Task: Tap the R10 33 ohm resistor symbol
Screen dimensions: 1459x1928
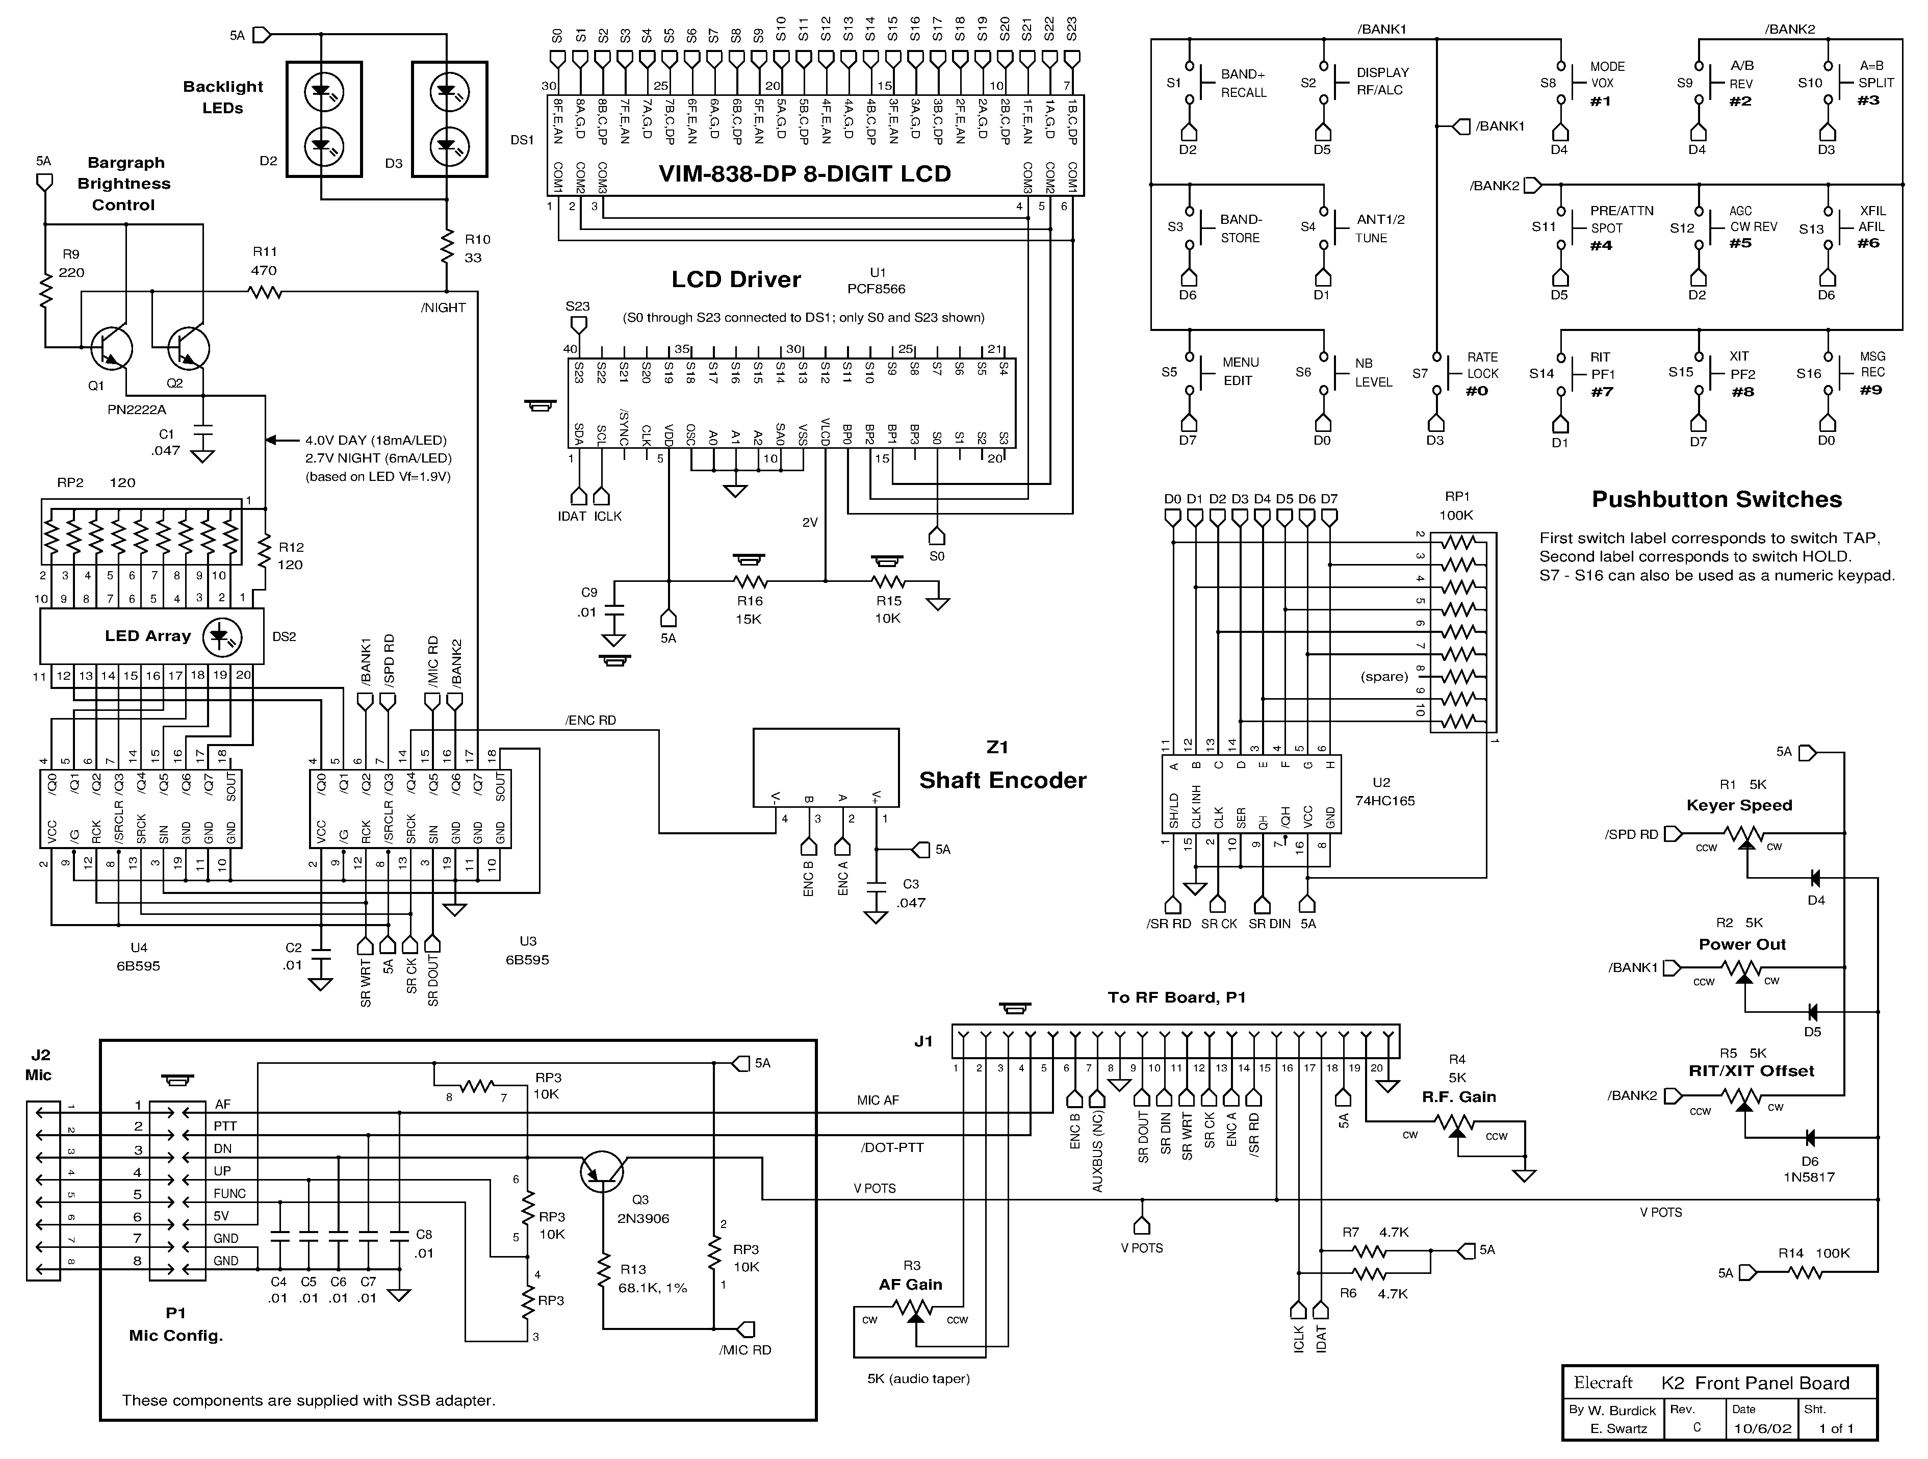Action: (447, 247)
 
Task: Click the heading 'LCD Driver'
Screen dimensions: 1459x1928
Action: (736, 280)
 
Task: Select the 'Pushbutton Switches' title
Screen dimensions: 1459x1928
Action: (1716, 499)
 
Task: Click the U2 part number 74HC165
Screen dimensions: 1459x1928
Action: (1384, 800)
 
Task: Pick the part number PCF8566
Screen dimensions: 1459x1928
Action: (876, 289)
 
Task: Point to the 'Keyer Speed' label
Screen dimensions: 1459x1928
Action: (1739, 805)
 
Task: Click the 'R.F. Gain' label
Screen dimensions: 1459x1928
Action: (1459, 1096)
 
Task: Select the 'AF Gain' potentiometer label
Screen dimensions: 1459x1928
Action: (910, 1284)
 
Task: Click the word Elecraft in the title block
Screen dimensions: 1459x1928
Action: (1603, 1383)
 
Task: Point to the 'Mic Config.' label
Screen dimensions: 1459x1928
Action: (176, 1335)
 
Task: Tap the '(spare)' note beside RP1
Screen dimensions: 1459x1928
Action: (1384, 676)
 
